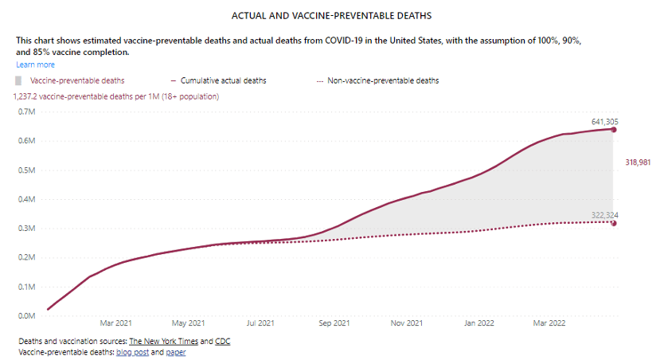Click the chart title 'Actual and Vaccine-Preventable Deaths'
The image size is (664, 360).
331,15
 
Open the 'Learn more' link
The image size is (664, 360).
35,65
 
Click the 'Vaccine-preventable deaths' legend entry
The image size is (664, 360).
76,80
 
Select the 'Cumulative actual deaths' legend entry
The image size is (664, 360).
223,80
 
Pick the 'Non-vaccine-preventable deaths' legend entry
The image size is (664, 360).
383,80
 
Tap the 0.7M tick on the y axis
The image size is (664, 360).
26,112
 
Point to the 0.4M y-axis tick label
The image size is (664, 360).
26,199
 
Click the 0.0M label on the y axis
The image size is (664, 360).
26,315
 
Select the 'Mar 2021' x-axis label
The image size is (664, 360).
116,323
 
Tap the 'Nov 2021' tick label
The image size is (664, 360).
406,323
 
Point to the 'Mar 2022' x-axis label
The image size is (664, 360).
549,323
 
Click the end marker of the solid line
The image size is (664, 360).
613,129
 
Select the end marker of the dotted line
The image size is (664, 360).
613,222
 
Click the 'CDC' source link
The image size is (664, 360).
222,342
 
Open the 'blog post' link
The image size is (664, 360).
131,352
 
